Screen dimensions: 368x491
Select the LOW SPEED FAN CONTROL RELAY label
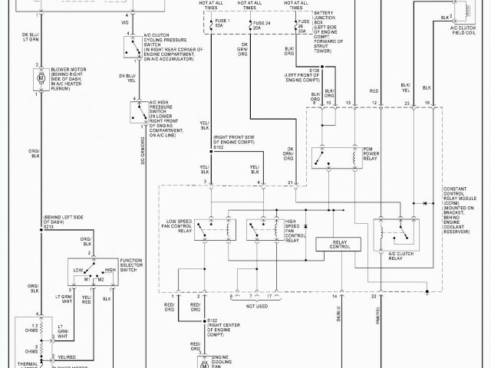point(178,227)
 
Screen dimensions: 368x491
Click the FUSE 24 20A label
point(262,28)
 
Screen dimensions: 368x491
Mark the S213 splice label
point(49,227)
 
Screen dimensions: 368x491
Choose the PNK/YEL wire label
point(376,314)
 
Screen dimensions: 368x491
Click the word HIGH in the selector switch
point(109,270)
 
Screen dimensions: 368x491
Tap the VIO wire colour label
point(125,23)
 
